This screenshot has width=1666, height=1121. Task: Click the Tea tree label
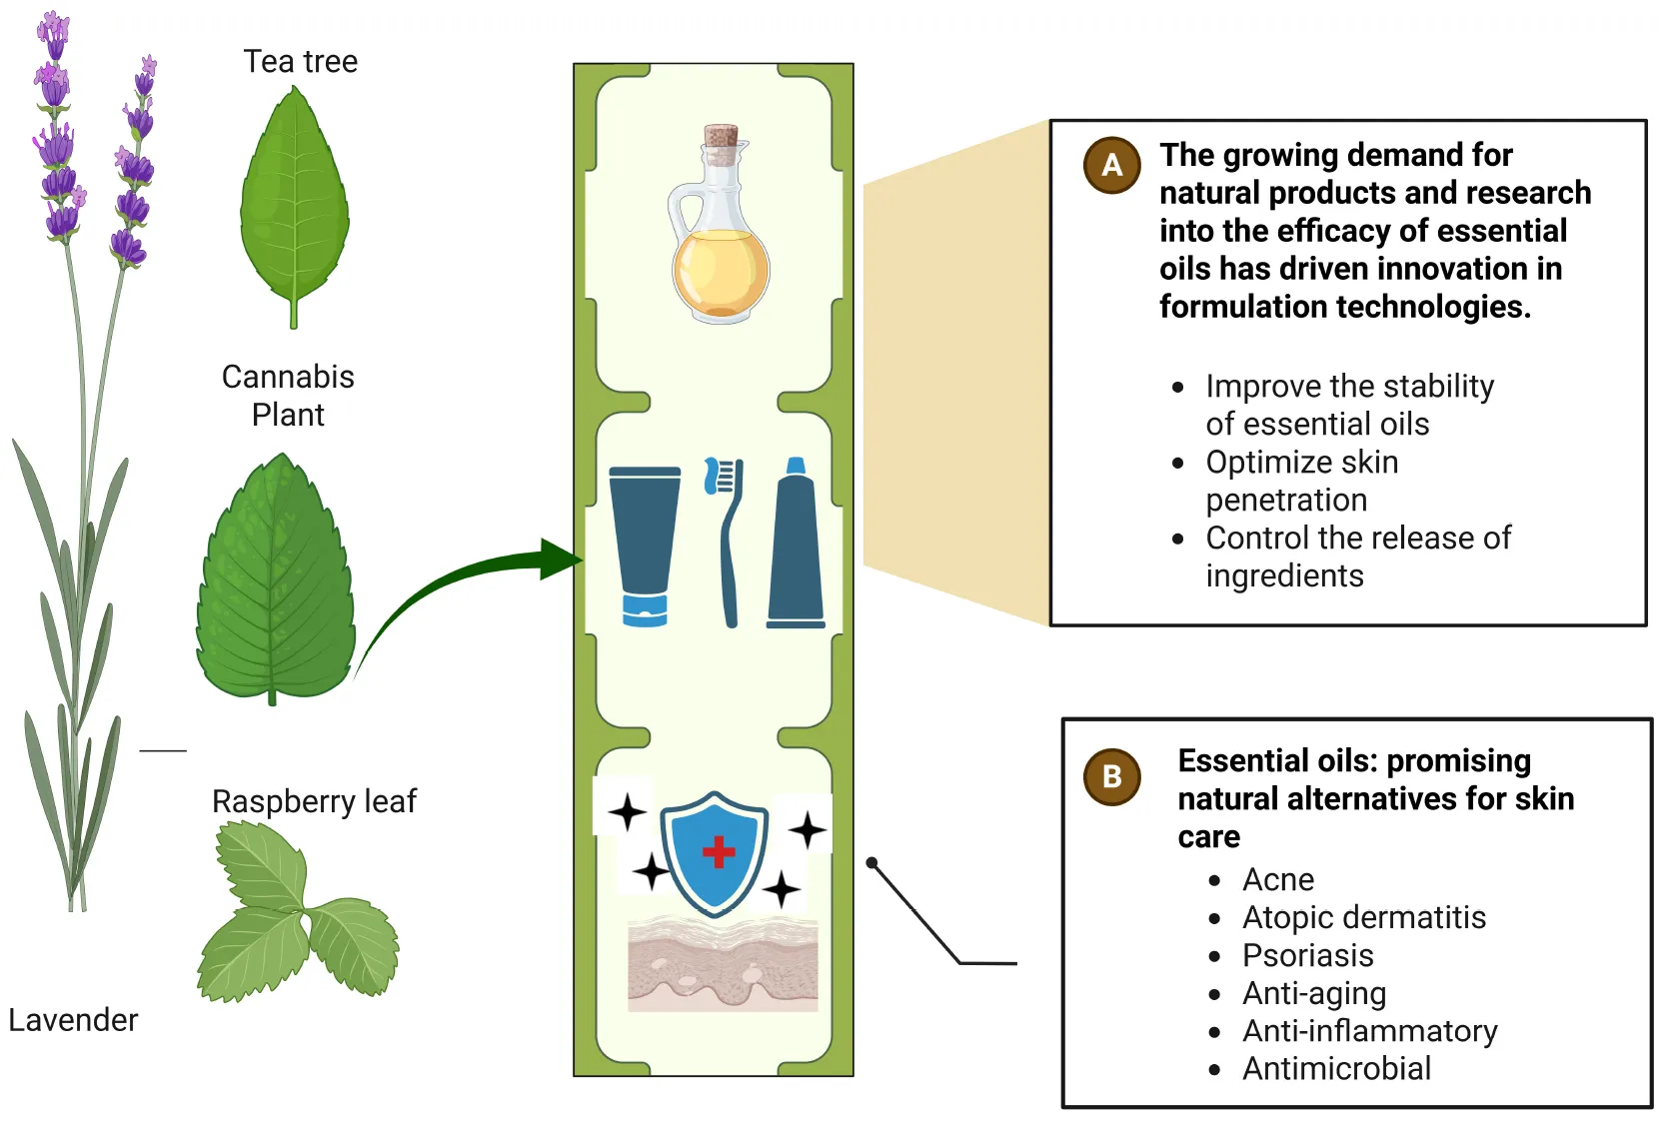click(300, 62)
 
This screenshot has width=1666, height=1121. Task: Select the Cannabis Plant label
click(288, 396)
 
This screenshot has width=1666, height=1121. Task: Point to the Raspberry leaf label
click(314, 801)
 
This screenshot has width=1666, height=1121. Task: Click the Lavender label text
click(73, 1020)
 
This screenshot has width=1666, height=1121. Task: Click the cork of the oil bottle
click(721, 137)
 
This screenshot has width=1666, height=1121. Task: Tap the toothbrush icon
click(728, 540)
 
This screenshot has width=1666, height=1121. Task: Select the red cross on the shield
click(719, 852)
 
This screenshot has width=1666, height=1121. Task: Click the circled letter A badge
click(1112, 165)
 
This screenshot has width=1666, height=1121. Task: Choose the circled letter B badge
click(1112, 776)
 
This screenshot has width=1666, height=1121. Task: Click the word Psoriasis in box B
click(1307, 955)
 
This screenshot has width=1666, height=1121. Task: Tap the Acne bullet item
click(1277, 879)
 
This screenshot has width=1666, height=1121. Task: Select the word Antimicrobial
click(1336, 1069)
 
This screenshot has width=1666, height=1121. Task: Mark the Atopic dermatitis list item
click(1363, 917)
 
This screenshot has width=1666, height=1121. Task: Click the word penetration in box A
click(1286, 500)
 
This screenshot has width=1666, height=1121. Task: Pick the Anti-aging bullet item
click(1313, 993)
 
